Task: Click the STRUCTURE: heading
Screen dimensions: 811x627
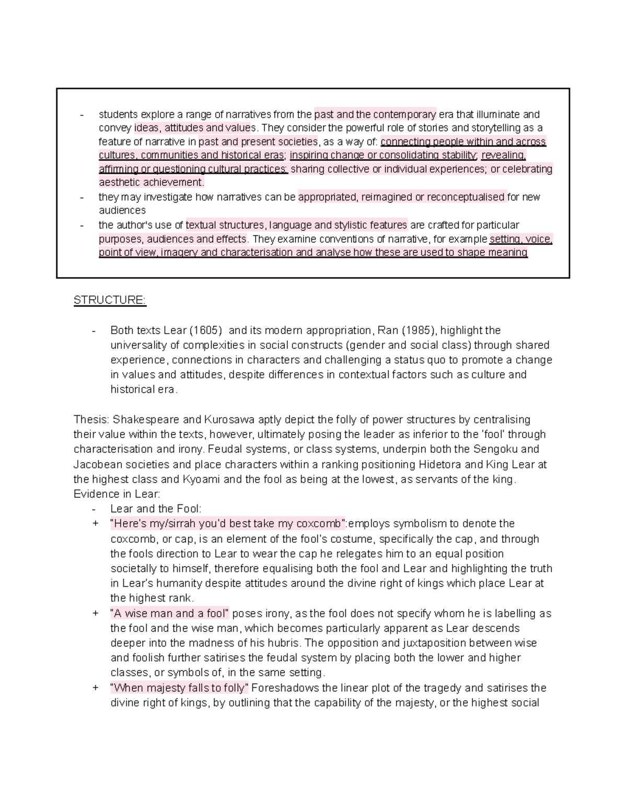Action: coord(110,300)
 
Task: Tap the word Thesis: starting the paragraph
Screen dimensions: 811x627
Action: coord(91,420)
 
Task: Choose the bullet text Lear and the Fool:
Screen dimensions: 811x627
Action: coord(156,509)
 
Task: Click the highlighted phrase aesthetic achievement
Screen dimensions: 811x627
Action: coord(151,182)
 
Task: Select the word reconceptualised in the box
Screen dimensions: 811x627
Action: coord(466,197)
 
